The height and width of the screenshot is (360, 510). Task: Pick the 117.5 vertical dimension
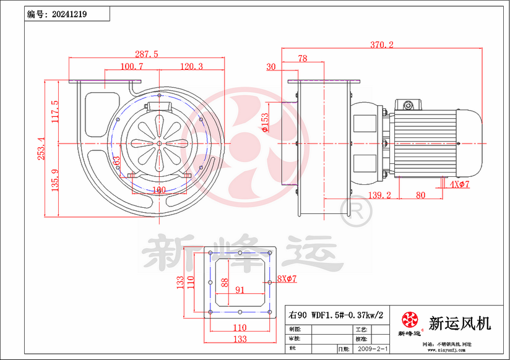(x=54, y=112)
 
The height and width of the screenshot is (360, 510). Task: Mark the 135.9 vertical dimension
(x=54, y=179)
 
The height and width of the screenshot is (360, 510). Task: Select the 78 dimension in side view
(x=303, y=59)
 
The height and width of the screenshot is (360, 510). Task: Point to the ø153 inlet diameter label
(x=265, y=122)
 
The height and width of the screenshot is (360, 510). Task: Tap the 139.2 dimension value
(x=379, y=195)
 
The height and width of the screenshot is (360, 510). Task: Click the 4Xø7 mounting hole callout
(x=460, y=184)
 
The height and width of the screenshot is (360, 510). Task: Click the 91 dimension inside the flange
(x=240, y=289)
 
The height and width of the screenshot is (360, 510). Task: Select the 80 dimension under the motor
(x=420, y=195)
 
